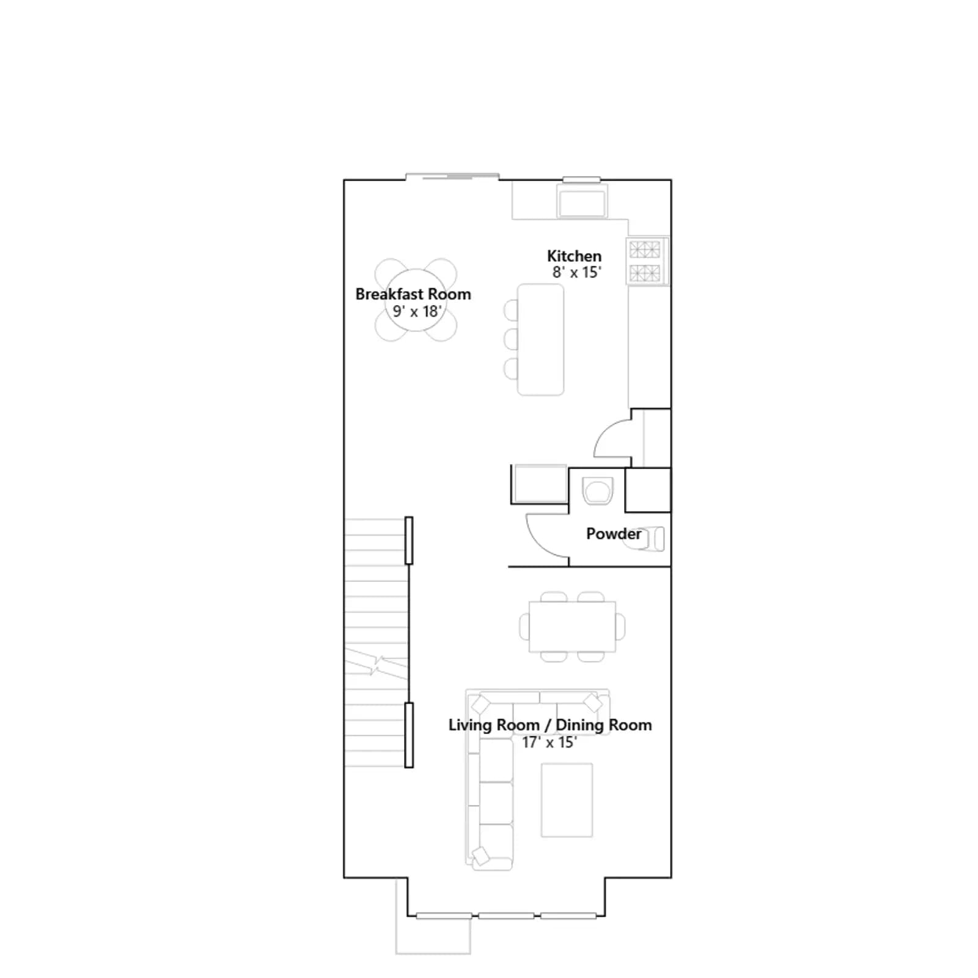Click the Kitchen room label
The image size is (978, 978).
[574, 256]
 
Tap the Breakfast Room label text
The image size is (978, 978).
[413, 294]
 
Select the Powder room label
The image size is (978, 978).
[614, 534]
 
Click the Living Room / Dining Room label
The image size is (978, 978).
[550, 725]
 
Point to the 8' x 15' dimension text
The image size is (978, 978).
[577, 273]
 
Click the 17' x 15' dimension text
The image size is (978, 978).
[550, 742]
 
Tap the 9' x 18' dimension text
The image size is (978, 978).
[417, 311]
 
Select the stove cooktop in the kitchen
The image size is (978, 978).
[646, 261]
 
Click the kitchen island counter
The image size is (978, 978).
[540, 340]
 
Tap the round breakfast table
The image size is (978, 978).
[416, 300]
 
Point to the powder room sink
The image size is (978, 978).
[597, 491]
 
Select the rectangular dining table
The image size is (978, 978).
[573, 627]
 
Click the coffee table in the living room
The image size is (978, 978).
[567, 800]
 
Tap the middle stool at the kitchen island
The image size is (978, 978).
[511, 339]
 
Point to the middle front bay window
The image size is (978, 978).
[506, 916]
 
